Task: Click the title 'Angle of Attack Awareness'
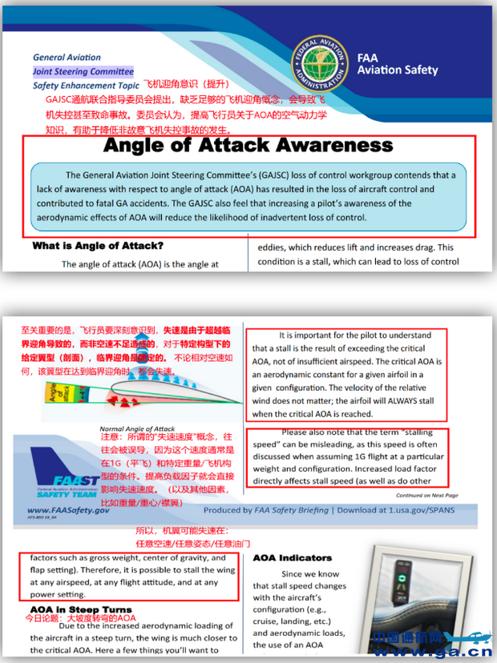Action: [248, 146]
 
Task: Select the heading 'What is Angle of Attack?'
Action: [98, 246]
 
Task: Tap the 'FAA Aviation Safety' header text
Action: [398, 64]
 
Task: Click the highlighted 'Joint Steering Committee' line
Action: [83, 71]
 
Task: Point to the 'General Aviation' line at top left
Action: [67, 57]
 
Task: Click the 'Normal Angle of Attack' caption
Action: [137, 428]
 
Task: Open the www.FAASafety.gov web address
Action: [68, 510]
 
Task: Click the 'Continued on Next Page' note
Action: [426, 496]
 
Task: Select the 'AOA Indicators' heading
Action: [292, 557]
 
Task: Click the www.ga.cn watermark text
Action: [431, 651]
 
